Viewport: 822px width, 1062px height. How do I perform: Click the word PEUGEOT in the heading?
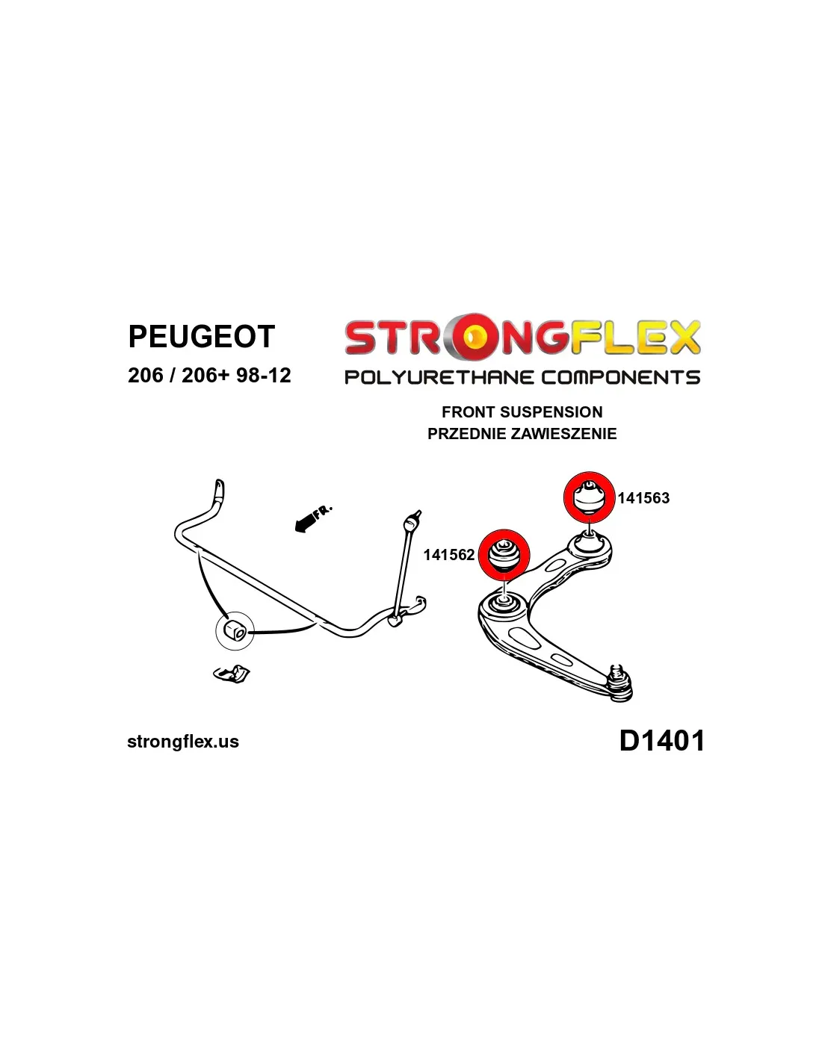201,336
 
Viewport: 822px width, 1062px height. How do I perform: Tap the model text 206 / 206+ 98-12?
209,376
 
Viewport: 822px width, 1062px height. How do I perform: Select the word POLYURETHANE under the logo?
439,377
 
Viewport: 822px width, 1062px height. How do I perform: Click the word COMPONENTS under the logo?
620,377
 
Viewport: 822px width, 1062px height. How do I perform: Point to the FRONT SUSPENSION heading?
522,412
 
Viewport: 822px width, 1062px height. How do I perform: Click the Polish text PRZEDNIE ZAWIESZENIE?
522,433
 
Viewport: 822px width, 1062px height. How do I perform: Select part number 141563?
643,498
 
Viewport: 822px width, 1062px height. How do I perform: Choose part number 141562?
449,555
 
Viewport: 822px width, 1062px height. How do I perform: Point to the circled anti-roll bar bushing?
235,630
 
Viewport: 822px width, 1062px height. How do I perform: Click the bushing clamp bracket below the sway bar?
232,674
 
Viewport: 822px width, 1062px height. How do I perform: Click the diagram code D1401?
661,741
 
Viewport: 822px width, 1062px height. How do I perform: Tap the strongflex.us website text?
183,742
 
